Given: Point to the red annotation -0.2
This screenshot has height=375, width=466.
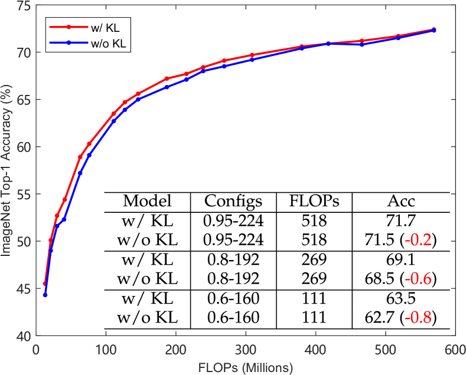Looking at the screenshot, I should click(418, 241).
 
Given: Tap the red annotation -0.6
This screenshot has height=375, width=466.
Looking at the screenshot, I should click(418, 279).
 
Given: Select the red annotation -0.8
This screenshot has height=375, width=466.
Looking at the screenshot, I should click(418, 318).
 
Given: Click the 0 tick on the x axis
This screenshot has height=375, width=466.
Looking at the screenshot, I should click(36, 350).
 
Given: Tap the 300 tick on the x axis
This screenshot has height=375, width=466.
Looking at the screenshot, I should click(246, 350).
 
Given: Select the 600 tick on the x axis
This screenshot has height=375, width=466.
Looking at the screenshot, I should click(455, 350).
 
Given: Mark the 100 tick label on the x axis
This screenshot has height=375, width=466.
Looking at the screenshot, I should click(106, 350).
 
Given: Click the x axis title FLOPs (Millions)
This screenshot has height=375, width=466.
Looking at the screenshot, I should click(246, 367).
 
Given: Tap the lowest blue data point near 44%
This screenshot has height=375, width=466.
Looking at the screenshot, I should click(45, 295).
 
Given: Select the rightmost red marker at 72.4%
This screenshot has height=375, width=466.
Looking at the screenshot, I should click(434, 29).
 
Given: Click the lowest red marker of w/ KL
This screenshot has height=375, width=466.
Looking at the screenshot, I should click(44, 284).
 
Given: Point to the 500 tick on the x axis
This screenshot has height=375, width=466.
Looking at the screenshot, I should click(385, 350).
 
